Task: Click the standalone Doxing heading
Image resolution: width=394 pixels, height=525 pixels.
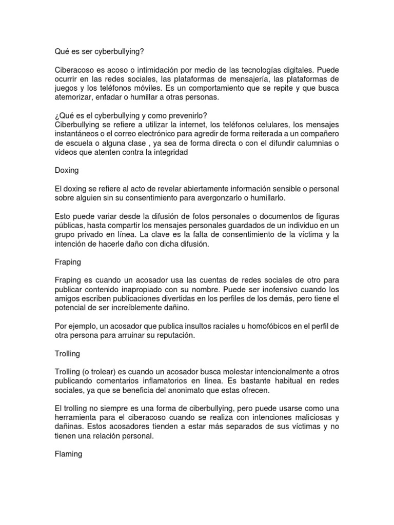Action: click(67, 171)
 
